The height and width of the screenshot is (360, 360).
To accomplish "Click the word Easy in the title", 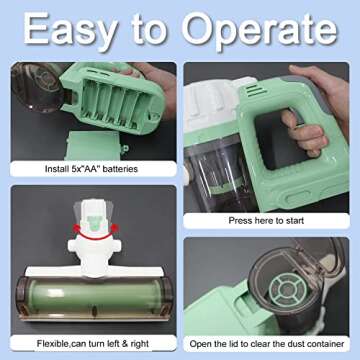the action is pyautogui.click(x=70, y=31).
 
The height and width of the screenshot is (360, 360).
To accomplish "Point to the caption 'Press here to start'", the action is pyautogui.click(x=266, y=220).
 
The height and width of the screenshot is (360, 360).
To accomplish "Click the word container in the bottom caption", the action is pyautogui.click(x=325, y=344).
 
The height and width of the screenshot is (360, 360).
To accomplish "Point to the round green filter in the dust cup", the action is pyautogui.click(x=286, y=290).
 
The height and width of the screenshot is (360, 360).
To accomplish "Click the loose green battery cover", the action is pyautogui.click(x=94, y=146).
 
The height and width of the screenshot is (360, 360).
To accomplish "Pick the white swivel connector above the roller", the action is pyautogui.click(x=94, y=246).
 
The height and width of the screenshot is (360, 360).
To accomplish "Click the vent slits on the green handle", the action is pyautogui.click(x=256, y=91).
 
